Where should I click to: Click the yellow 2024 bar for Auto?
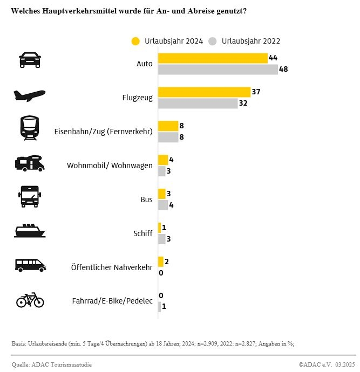point(212,58)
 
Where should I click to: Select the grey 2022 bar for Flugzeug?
point(198,104)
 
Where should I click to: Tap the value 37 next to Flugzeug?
point(256,92)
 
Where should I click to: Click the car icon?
point(30,59)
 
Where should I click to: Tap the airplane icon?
point(29,95)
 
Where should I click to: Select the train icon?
point(30,128)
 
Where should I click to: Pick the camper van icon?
point(30,162)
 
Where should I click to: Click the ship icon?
point(30,230)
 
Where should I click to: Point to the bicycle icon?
point(30,300)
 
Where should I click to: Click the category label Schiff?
point(142,233)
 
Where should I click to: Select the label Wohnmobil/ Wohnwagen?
point(110,166)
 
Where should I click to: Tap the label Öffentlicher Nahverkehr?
point(112,267)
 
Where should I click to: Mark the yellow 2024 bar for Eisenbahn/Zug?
point(167,126)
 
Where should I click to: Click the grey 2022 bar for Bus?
point(162,205)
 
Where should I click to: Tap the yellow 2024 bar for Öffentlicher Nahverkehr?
point(160,262)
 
